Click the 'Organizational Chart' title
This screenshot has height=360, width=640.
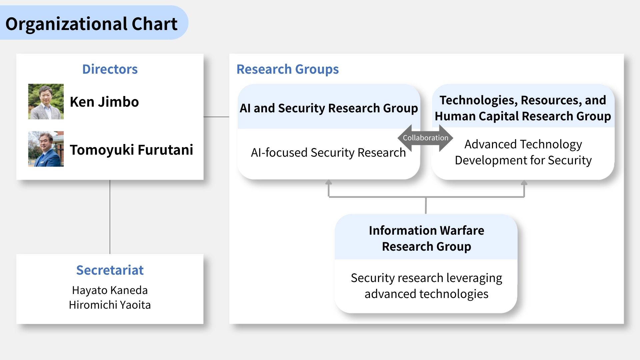click(91, 24)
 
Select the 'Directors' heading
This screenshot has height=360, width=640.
click(110, 69)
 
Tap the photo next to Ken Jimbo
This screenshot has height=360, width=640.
click(46, 102)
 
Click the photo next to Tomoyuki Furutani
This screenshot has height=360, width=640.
click(46, 149)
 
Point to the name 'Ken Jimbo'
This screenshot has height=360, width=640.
click(104, 102)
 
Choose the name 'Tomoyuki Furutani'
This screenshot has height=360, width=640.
click(132, 150)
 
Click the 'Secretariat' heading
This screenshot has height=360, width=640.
click(110, 270)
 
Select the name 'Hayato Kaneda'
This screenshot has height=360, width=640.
click(110, 290)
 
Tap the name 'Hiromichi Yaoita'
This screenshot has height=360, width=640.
click(110, 305)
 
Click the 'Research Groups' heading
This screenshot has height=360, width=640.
click(288, 69)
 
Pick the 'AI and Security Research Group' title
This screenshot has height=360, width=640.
click(329, 108)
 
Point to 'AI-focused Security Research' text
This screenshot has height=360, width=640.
click(328, 152)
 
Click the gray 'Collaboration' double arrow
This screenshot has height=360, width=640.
click(425, 138)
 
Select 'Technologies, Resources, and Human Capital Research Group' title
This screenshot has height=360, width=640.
click(523, 108)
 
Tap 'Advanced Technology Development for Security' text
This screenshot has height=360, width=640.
click(523, 152)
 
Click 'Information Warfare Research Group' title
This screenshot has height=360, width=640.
click(426, 238)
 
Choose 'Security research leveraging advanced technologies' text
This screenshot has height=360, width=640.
click(426, 286)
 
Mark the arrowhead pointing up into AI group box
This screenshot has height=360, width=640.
click(329, 182)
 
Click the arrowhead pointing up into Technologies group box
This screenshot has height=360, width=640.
click(524, 182)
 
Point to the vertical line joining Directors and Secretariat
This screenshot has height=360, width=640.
click(110, 217)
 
